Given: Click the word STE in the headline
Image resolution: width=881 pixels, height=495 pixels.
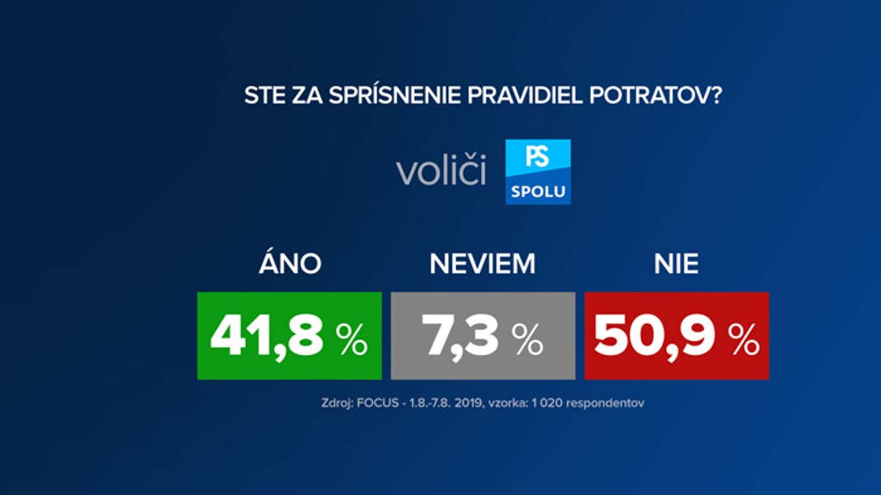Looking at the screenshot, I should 263,95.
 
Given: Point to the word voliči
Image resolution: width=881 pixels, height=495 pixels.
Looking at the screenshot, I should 440,171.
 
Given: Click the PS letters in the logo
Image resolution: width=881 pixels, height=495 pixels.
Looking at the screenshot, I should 538,156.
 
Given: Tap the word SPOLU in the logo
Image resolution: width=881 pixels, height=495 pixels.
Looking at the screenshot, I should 538,191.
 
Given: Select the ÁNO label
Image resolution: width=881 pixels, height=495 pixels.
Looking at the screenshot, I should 289,264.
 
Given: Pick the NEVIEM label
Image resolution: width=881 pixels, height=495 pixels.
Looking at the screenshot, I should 482,264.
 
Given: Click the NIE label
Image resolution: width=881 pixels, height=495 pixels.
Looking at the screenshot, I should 675,264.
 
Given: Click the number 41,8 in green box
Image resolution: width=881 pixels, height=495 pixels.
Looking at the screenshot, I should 267,337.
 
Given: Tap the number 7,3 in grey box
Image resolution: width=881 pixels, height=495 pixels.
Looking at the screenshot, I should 461,337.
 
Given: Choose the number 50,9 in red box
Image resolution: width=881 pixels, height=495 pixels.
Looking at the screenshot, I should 655,337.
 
